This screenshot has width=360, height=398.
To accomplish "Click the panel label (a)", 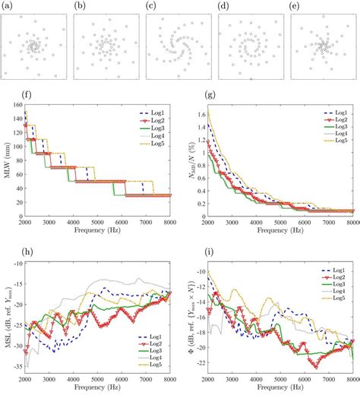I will click(x=7, y=5).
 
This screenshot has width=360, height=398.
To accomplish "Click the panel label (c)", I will click(x=152, y=5).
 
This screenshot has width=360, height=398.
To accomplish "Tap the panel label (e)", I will click(x=297, y=5).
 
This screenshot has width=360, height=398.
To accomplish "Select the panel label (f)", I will click(x=7, y=96).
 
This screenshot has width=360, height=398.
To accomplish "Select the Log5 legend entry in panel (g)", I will click(x=343, y=145).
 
